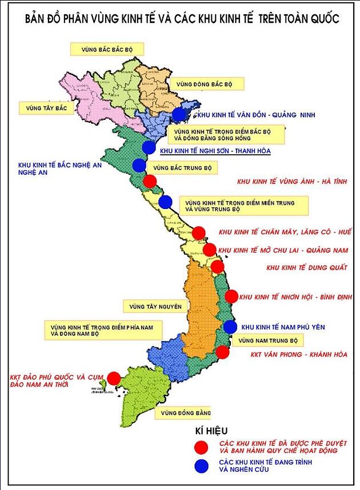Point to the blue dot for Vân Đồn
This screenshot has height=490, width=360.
[179, 114]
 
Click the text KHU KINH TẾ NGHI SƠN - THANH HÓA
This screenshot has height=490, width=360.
[215, 151]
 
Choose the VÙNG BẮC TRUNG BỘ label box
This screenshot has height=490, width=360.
[180, 168]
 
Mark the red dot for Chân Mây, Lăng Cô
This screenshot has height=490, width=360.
[198, 232]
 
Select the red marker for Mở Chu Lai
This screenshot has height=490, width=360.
[210, 250]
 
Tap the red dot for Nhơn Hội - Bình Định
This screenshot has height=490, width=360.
[231, 296]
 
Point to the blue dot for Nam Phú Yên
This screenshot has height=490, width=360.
[230, 327]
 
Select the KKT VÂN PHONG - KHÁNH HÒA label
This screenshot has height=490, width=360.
[299, 355]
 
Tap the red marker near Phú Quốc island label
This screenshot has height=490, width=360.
[114, 378]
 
